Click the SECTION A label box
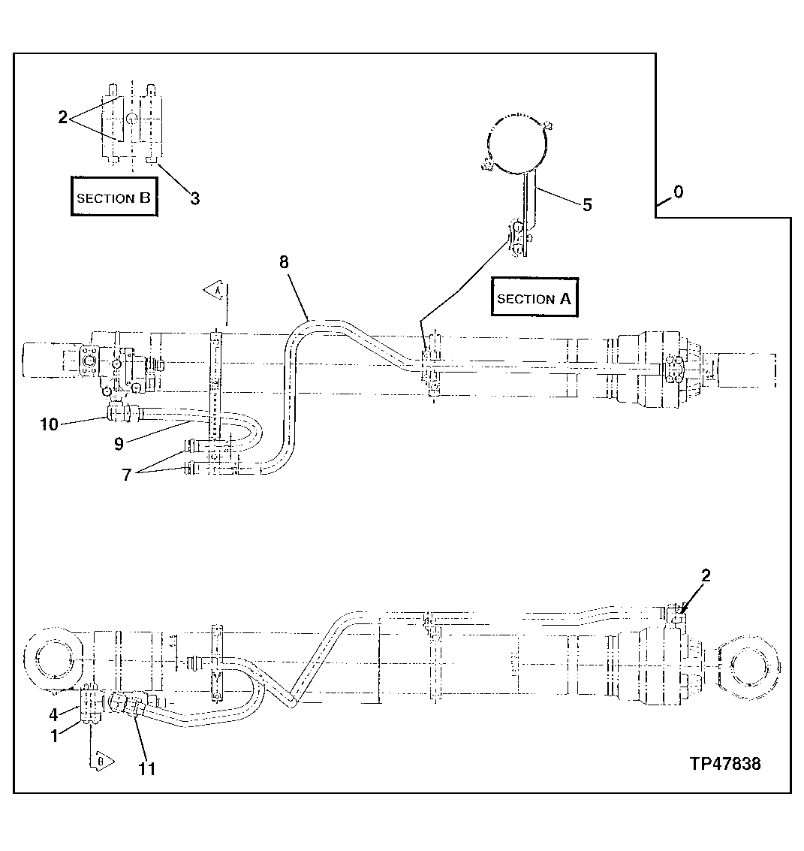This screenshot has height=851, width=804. coord(534,298)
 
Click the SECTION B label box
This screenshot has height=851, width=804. coord(114,198)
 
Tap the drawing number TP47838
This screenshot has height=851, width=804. coord(725,764)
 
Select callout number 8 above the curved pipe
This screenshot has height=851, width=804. coord(283,262)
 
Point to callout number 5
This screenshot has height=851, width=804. coord(586,204)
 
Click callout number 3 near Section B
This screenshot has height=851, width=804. coord(194,198)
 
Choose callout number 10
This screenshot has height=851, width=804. coord(49,424)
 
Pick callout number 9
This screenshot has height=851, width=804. coord(119,443)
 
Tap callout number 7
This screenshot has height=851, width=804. coord(127,474)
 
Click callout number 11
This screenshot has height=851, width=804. coord(147,768)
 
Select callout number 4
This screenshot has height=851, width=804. coord(53,714)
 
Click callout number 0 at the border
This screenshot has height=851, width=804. coord(678,192)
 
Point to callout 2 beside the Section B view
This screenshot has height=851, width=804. coord(63,117)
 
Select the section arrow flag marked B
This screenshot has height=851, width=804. coord(101,760)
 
